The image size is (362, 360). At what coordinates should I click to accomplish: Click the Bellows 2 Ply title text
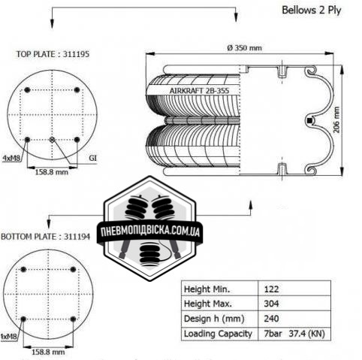312,11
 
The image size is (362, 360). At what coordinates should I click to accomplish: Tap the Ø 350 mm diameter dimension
244,47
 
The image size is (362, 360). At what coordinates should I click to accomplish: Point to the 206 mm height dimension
336,119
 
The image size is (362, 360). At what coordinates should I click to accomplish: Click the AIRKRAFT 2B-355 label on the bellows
199,90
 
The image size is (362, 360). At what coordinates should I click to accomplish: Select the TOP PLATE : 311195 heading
53,54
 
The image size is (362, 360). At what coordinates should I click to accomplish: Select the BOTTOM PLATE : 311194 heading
45,237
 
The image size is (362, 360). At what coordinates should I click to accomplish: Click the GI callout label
92,158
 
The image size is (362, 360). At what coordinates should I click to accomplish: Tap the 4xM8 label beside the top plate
11,158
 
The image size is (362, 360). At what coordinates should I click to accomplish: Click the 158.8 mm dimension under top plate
51,172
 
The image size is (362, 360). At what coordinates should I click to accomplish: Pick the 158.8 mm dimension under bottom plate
48,352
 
